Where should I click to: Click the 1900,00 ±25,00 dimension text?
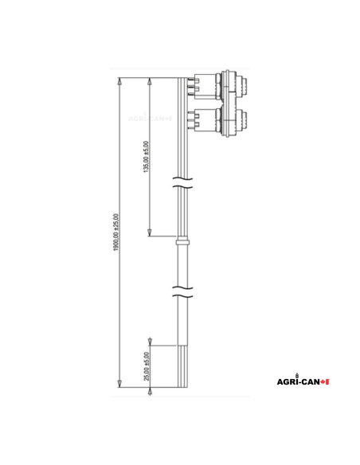(115, 232)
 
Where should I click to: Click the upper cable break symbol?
(182, 188)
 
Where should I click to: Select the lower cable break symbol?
(182, 291)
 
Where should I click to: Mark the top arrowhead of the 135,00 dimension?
(151, 81)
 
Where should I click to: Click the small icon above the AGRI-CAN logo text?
(297, 373)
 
